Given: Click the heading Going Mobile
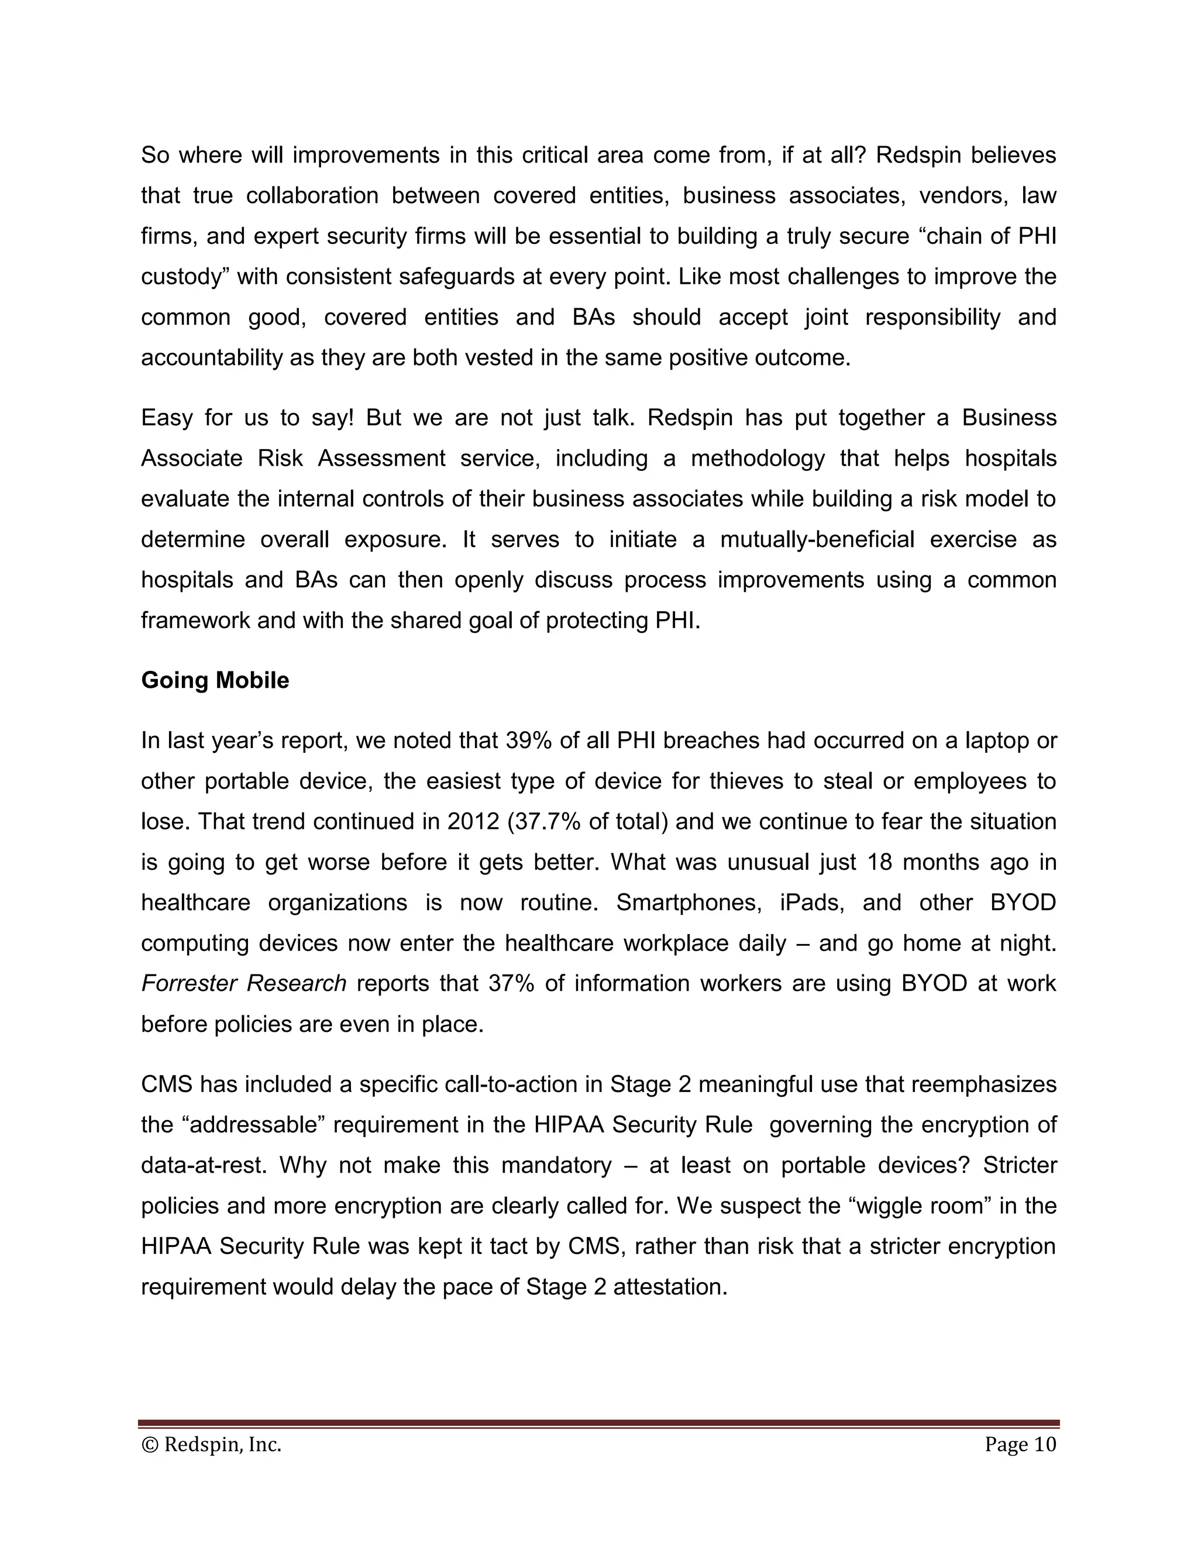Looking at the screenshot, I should click(215, 680).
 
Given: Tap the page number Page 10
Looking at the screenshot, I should click(1020, 1444).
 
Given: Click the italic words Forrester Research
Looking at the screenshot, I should click(243, 983).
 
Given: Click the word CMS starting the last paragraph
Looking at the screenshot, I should click(167, 1084).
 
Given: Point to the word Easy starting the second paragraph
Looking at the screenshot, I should click(167, 417).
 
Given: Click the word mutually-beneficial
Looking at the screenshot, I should click(817, 539).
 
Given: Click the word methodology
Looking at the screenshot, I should click(758, 459).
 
